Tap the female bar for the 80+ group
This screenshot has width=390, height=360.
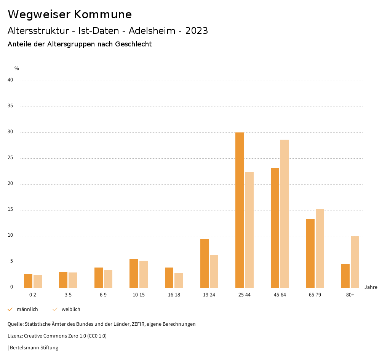(355, 262)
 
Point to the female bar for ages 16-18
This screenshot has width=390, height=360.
(179, 280)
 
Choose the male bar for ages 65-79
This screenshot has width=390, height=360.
(310, 253)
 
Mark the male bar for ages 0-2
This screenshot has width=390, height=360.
(28, 281)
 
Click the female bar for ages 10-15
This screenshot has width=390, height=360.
(144, 274)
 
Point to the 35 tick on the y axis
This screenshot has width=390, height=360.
(10, 106)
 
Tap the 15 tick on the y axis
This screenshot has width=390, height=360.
(10, 210)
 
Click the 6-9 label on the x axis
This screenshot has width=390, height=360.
(103, 295)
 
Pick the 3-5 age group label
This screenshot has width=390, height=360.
(68, 295)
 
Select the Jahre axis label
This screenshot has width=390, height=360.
(371, 287)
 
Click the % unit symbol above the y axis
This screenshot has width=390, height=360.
(17, 68)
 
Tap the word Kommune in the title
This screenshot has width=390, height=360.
(103, 14)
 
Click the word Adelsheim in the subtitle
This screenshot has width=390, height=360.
(152, 31)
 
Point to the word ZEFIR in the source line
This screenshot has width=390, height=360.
(140, 324)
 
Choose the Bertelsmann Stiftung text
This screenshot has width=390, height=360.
(34, 348)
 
